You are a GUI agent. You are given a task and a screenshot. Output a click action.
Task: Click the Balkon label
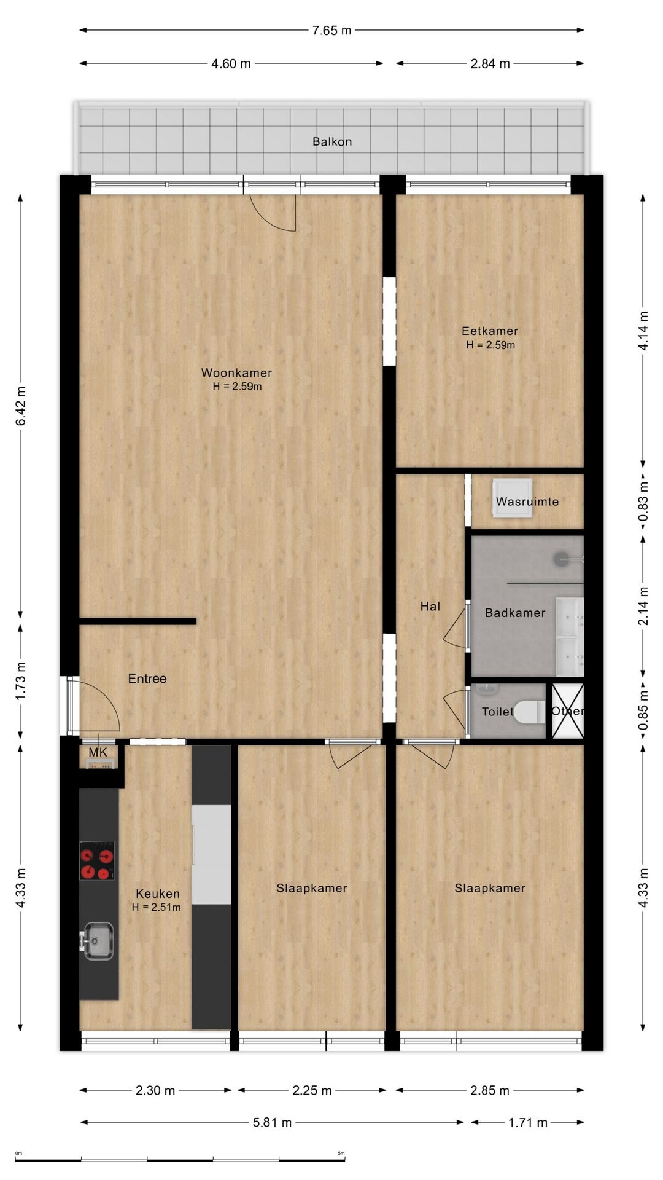[x=332, y=141]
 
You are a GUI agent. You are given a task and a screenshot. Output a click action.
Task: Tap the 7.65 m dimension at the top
[x=331, y=30]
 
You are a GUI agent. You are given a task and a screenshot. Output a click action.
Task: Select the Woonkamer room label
[x=236, y=372]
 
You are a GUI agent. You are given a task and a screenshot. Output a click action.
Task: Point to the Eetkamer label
[x=490, y=331]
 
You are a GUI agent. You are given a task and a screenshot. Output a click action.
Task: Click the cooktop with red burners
[x=97, y=860]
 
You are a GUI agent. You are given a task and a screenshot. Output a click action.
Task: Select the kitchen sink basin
[x=98, y=940]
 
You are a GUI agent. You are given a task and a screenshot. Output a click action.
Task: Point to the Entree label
[x=147, y=678]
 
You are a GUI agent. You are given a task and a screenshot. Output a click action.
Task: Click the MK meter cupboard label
[x=98, y=752]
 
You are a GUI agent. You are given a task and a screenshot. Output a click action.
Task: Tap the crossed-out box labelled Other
[x=567, y=711]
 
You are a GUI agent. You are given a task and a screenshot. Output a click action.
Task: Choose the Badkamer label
[x=515, y=613]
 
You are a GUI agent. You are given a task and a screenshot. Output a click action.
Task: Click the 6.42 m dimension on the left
[x=21, y=406]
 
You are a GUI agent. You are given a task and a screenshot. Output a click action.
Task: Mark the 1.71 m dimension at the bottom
[x=528, y=1123]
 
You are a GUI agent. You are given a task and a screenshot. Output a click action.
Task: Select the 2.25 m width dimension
[x=312, y=1090]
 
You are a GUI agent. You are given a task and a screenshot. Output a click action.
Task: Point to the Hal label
[x=430, y=607]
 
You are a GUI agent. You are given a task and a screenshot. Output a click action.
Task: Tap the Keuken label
[x=158, y=894]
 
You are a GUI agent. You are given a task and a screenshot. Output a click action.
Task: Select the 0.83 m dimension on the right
[x=643, y=501]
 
